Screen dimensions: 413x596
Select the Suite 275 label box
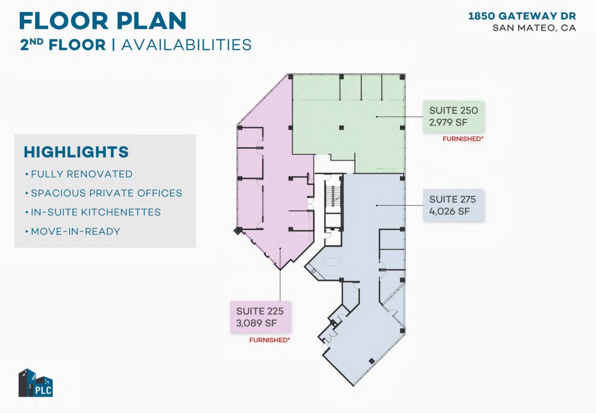pyautogui.click(x=453, y=205)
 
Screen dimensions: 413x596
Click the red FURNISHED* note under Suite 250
pyautogui.click(x=463, y=139)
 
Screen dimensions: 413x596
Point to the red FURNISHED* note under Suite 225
pyautogui.click(x=270, y=341)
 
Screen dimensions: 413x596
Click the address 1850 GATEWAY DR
pyautogui.click(x=522, y=16)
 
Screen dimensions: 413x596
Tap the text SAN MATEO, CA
pyautogui.click(x=534, y=28)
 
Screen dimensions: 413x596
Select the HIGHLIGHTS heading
pyautogui.click(x=76, y=152)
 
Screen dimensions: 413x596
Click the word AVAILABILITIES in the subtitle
pyautogui.click(x=186, y=44)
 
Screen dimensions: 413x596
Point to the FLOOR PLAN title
pyautogui.click(x=103, y=20)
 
